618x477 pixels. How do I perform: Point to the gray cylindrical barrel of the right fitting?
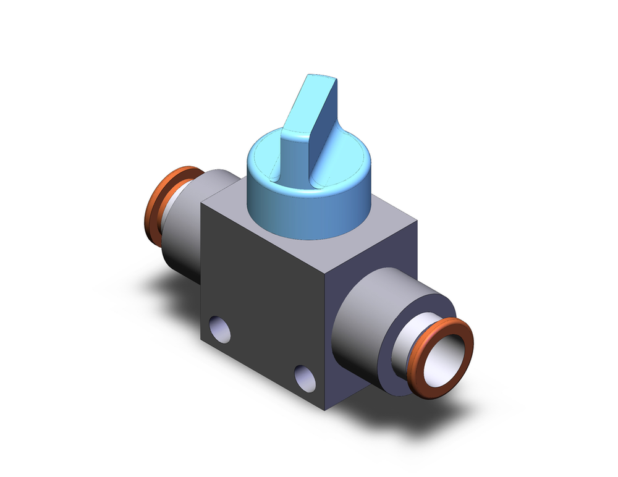(365, 327)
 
